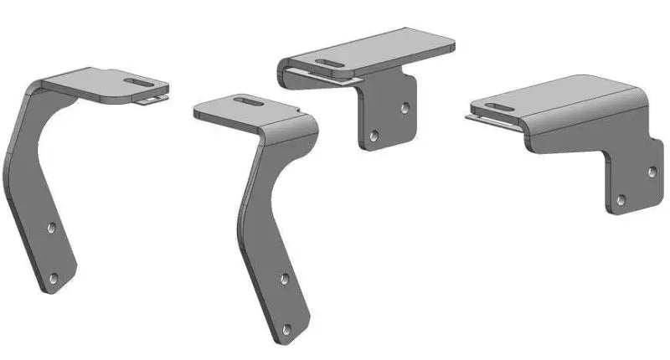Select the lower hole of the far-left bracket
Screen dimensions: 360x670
[54, 277]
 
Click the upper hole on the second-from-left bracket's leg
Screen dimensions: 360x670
[284, 278]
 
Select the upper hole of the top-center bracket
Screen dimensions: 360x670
[404, 108]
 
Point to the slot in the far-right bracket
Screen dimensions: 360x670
[493, 106]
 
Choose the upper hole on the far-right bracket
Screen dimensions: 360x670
[651, 171]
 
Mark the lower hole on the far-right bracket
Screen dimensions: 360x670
[621, 199]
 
